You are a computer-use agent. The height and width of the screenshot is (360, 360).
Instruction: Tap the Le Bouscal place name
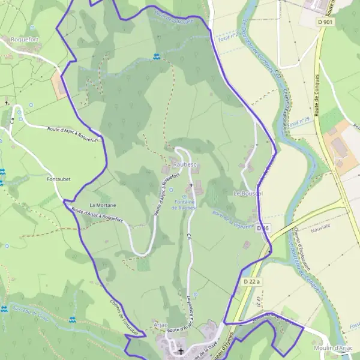[x=248, y=194]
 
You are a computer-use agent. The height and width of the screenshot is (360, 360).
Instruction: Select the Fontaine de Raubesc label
[x=185, y=205]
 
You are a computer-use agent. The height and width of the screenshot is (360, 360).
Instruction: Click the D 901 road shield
[x=325, y=22]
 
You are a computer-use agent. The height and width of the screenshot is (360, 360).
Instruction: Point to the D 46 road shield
[x=262, y=229]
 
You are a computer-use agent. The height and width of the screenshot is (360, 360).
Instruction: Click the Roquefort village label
[x=25, y=39]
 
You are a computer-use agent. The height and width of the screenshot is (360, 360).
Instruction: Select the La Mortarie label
[x=102, y=205]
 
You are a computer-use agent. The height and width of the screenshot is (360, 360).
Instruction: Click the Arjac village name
[x=160, y=325]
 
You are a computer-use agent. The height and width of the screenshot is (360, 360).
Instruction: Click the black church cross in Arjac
[x=181, y=351]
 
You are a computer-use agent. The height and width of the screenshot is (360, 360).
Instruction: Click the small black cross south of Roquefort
[x=7, y=103]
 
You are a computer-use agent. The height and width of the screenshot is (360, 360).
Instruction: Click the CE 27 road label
[x=257, y=300]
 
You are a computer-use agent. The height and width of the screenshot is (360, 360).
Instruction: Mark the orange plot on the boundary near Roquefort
[x=59, y=83]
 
